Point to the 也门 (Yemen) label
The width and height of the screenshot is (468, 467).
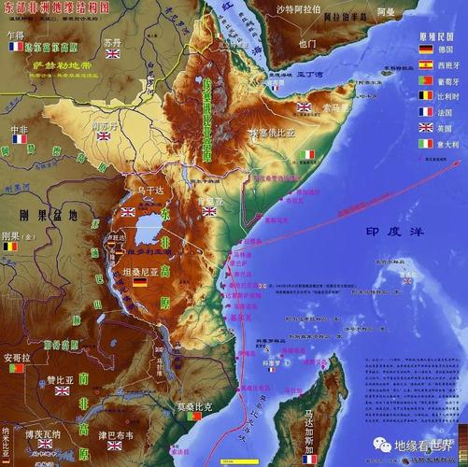pos(307,43)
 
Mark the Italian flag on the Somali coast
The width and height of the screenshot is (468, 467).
pos(308,154)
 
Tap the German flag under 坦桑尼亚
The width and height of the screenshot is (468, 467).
pos(139,281)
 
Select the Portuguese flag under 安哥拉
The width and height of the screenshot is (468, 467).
pos(15,369)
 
